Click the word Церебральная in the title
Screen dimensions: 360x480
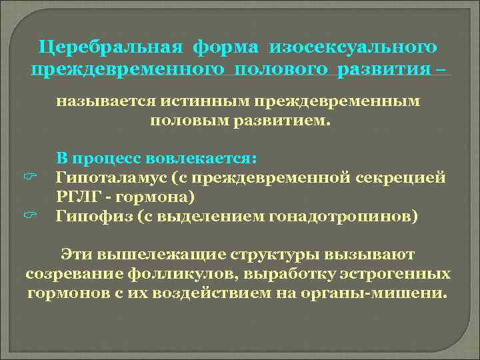click(x=109, y=47)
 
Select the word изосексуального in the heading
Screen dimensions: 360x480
click(x=353, y=47)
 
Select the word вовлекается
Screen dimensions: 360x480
click(x=207, y=158)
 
